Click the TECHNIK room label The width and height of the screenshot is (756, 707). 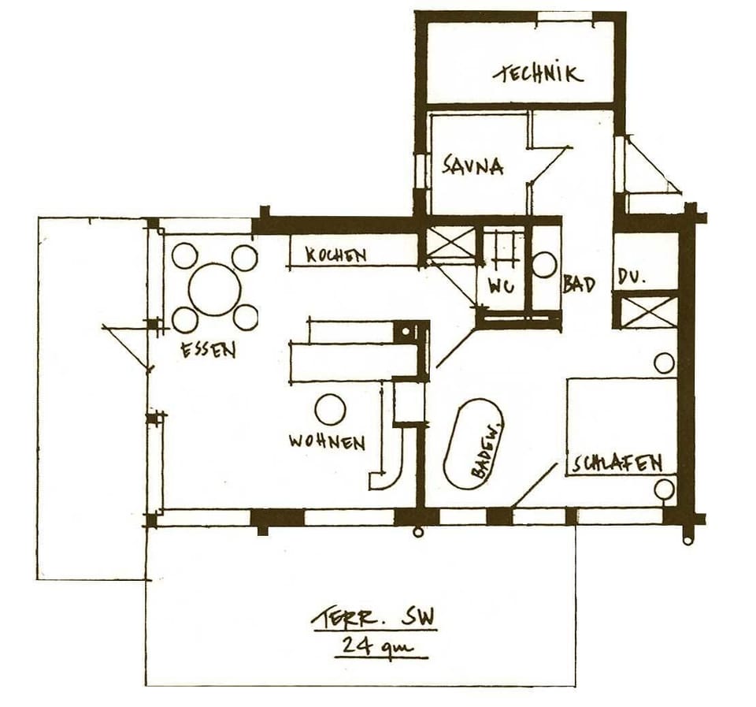(x=539, y=74)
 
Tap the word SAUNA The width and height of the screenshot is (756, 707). (x=472, y=166)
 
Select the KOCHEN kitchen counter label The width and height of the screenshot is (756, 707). (x=336, y=255)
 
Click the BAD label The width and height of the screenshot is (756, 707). (x=578, y=285)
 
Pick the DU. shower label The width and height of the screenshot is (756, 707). (x=632, y=278)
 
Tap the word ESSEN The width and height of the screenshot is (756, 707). (x=208, y=350)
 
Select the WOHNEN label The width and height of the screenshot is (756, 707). (x=327, y=441)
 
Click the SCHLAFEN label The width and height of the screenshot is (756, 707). (x=617, y=463)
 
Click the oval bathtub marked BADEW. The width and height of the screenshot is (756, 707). (x=472, y=443)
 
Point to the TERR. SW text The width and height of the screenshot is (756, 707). (x=372, y=620)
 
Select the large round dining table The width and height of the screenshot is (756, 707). (x=214, y=289)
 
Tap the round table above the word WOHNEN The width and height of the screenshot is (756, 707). (x=330, y=410)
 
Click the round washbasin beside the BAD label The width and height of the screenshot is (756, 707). (x=544, y=264)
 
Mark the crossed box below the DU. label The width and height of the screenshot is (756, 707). (x=644, y=311)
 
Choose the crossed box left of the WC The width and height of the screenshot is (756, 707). (x=451, y=244)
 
